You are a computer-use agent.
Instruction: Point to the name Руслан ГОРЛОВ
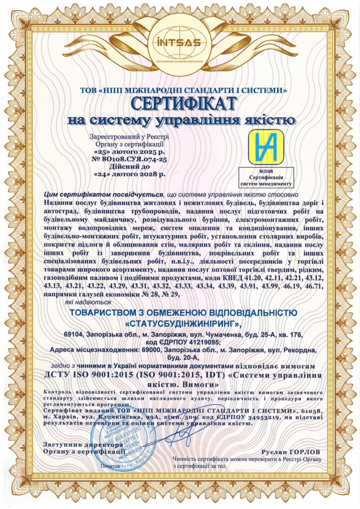[x=290, y=451]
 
